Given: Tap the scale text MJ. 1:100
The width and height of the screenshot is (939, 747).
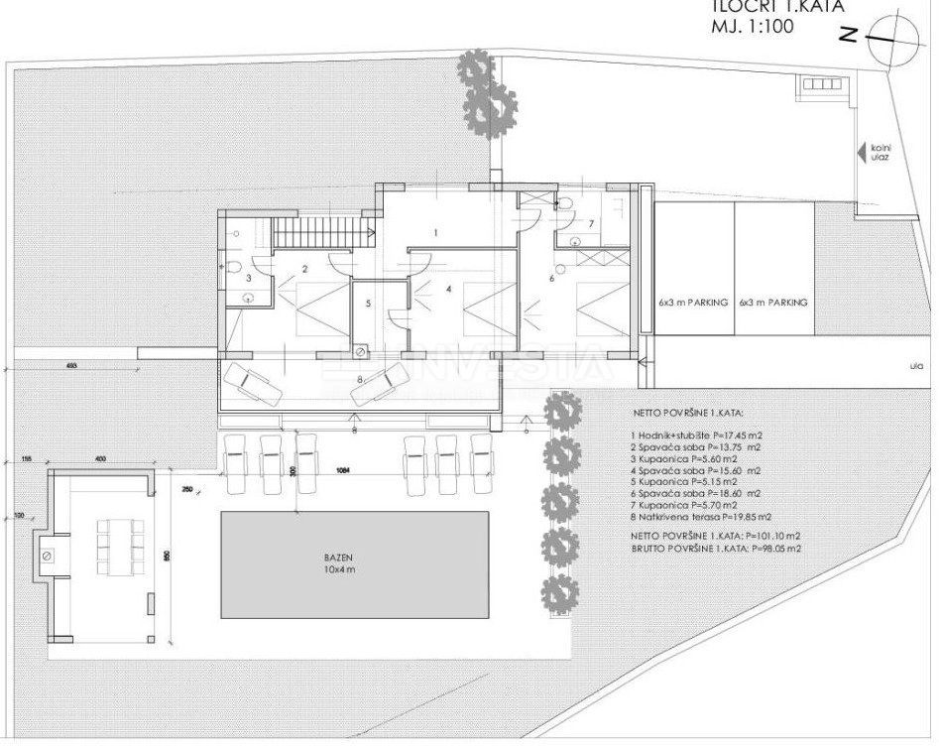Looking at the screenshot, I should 751,29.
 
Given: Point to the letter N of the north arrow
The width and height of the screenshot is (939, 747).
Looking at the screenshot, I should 848,38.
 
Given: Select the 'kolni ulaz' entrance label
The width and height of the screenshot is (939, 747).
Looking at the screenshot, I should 880,154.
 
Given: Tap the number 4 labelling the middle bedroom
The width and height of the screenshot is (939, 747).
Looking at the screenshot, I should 448,290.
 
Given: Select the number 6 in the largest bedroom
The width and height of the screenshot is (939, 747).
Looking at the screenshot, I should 552,279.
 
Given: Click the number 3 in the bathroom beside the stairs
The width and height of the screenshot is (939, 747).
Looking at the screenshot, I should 248,281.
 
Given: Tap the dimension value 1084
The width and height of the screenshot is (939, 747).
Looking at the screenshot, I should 344,469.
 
